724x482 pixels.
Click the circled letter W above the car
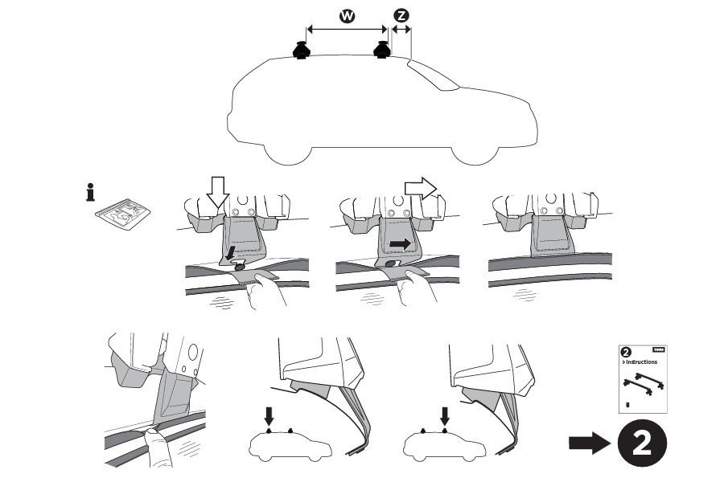click(347, 15)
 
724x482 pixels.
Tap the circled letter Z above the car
click(401, 15)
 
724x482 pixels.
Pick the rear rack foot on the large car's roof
click(382, 51)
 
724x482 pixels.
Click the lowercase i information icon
click(90, 194)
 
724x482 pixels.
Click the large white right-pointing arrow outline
click(418, 188)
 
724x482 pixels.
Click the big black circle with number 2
click(642, 443)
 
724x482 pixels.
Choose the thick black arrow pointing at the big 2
click(590, 443)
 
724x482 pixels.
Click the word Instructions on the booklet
click(641, 362)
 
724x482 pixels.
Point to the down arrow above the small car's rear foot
click(443, 415)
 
